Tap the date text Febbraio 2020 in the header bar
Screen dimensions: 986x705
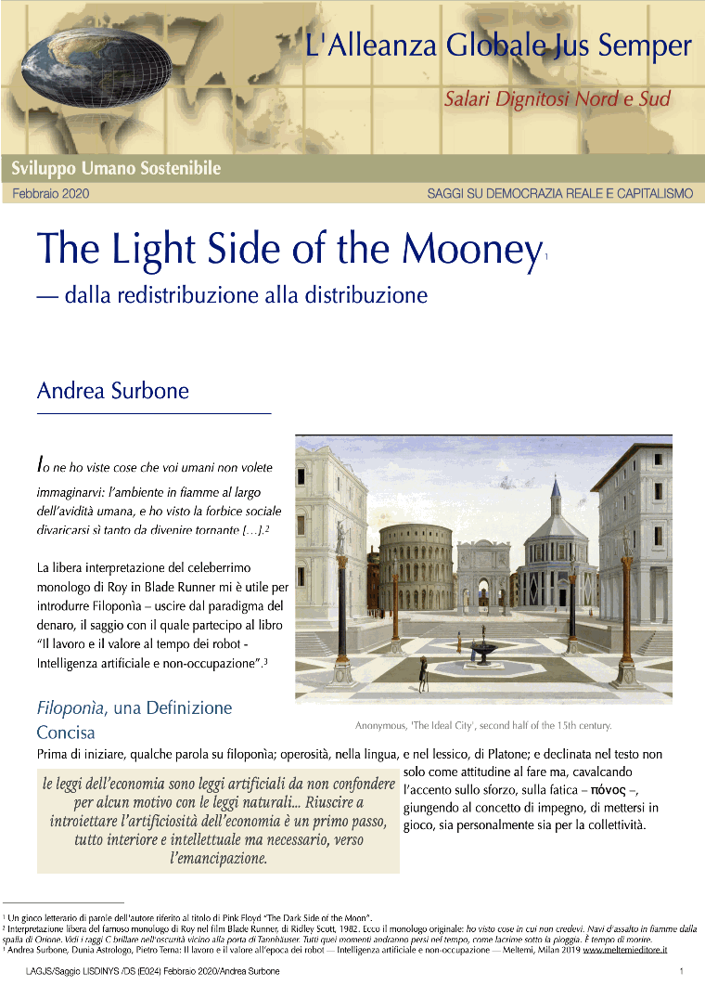(x=51, y=194)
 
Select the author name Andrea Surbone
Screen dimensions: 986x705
(x=112, y=391)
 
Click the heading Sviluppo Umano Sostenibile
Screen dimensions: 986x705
(x=116, y=169)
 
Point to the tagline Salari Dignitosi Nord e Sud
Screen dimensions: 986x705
(x=557, y=98)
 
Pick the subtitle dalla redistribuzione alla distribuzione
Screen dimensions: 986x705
(x=232, y=295)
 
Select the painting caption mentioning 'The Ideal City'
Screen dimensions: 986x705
(x=482, y=725)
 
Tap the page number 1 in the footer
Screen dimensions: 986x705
(x=681, y=970)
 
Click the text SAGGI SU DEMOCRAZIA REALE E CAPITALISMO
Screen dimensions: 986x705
(x=559, y=194)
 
